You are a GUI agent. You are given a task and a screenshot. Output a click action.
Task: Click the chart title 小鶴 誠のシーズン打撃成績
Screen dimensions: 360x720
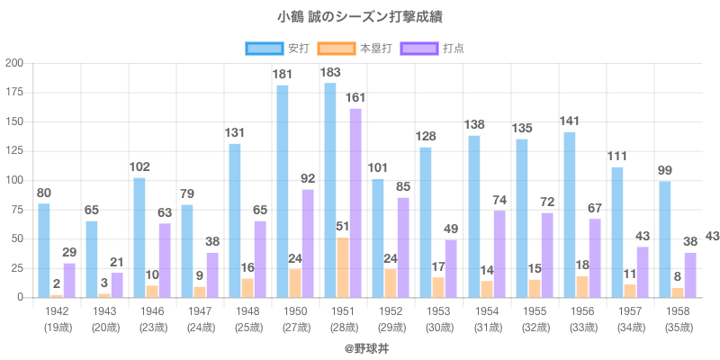[360, 17]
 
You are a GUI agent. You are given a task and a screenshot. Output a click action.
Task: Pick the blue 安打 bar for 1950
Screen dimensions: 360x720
[283, 191]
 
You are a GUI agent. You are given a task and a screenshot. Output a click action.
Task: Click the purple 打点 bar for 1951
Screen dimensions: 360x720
[355, 202]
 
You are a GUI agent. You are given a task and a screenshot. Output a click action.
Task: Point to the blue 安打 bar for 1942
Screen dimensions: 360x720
[44, 250]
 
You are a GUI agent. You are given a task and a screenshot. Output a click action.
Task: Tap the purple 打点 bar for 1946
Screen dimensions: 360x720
[165, 260]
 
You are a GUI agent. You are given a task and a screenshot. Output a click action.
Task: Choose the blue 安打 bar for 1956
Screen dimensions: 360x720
[570, 214]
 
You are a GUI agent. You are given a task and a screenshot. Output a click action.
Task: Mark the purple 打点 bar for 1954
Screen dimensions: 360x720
[499, 254]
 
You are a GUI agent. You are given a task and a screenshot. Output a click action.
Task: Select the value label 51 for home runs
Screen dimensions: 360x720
[343, 226]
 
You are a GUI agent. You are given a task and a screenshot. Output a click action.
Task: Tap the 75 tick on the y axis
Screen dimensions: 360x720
[17, 209]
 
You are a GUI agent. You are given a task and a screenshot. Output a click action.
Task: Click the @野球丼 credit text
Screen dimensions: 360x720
[360, 346]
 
